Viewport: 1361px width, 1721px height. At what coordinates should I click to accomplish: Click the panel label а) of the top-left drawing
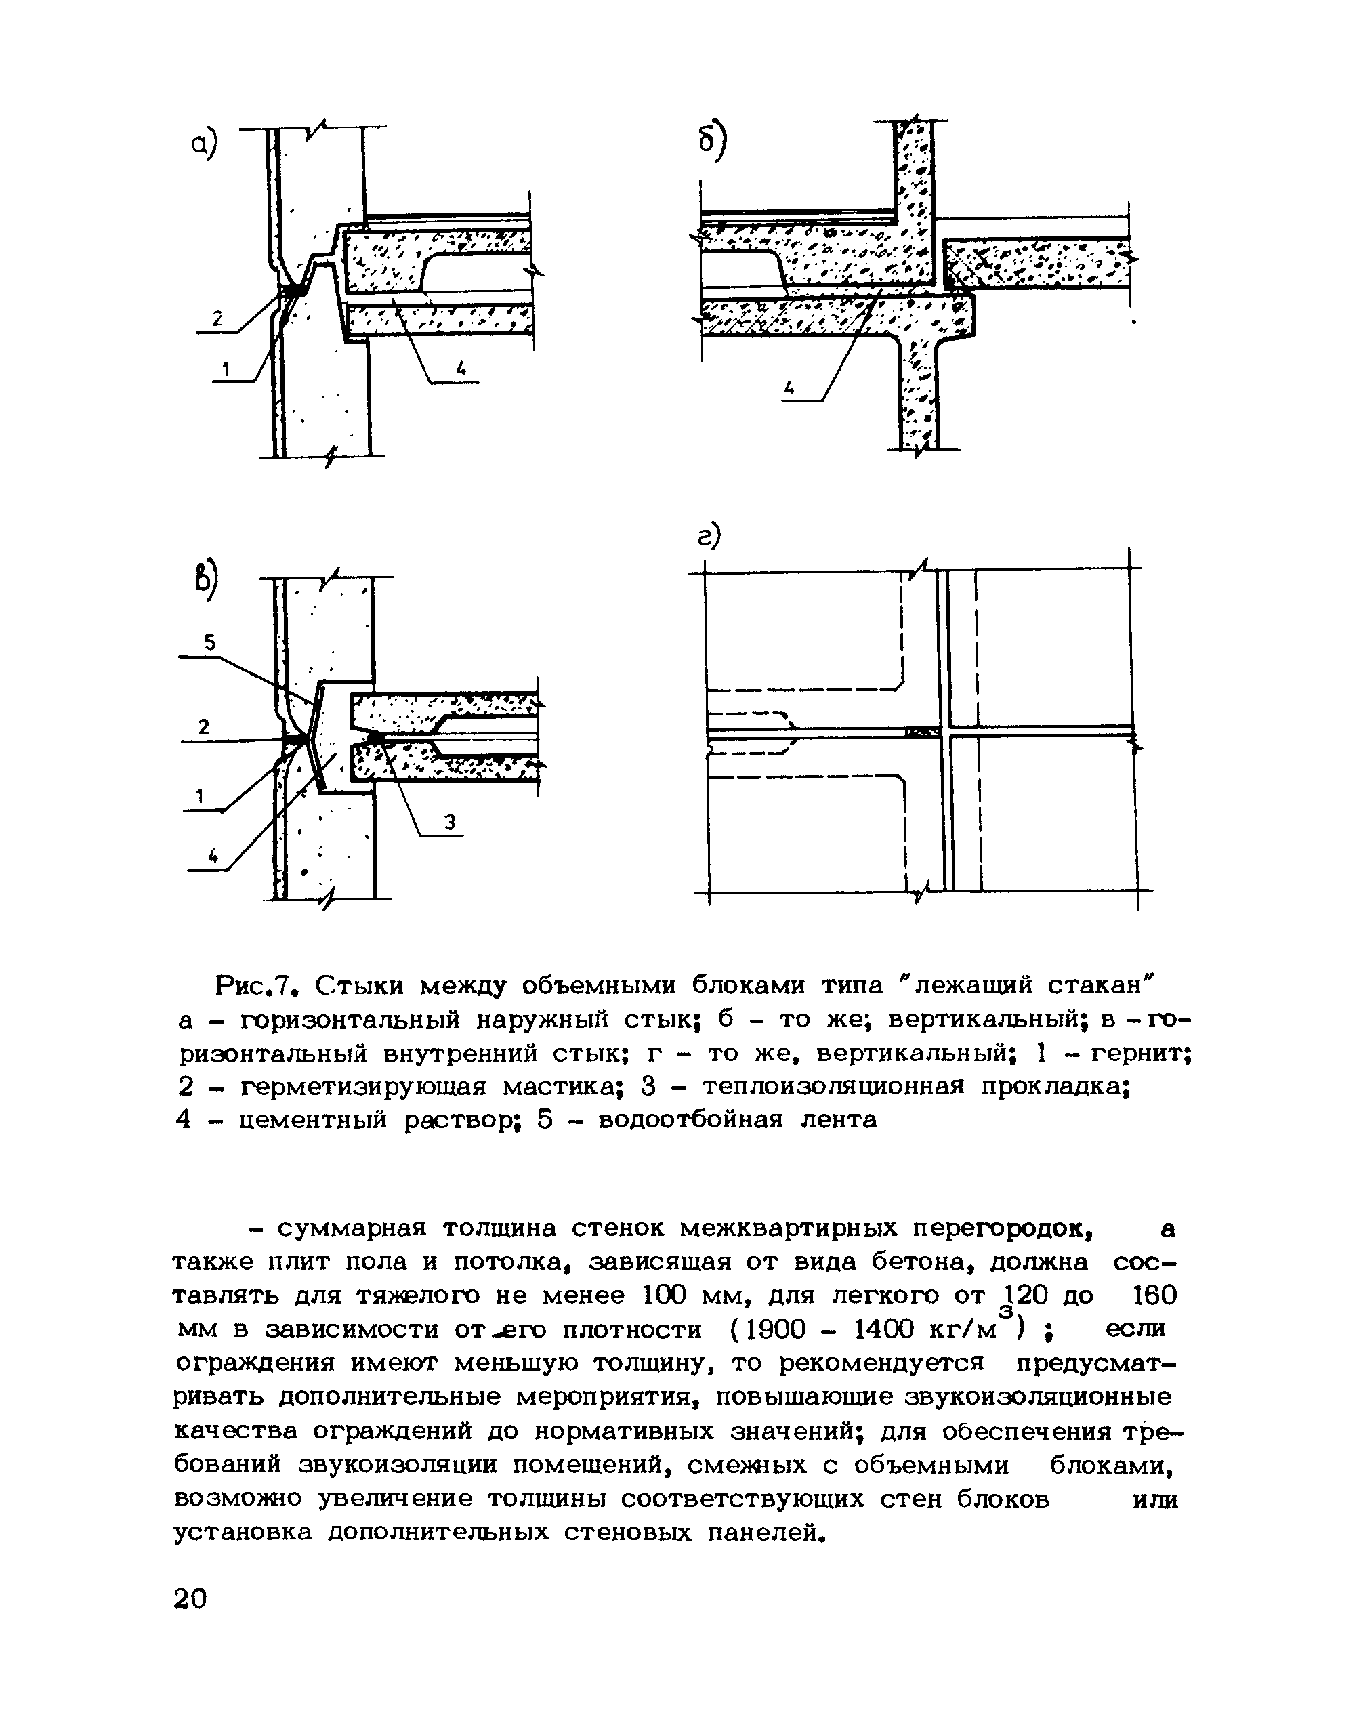pos(203,144)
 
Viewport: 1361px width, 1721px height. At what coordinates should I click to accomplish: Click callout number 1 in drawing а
pos(226,369)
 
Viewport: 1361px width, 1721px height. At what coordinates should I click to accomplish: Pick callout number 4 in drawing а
pos(461,367)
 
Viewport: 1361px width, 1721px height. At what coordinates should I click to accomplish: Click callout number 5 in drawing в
pos(209,642)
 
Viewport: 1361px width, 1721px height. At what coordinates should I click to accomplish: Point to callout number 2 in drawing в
pos(204,726)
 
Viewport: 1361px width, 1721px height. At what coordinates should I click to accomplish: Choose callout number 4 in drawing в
pos(213,856)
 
